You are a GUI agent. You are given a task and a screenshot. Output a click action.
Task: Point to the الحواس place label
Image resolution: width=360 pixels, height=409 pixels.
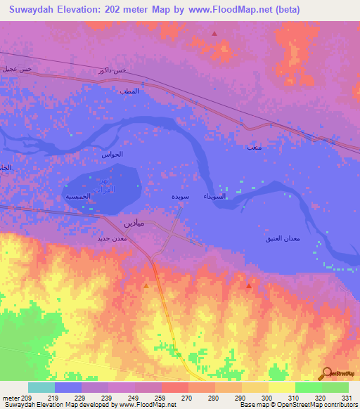pyautogui.click(x=112, y=154)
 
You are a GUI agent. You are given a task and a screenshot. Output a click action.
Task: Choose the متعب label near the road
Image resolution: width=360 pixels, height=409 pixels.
pyautogui.click(x=254, y=148)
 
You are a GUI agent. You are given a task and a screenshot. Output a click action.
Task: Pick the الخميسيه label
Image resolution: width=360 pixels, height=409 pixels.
pyautogui.click(x=77, y=197)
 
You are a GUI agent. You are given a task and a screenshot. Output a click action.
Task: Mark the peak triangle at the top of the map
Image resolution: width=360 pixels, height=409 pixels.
pyautogui.click(x=214, y=32)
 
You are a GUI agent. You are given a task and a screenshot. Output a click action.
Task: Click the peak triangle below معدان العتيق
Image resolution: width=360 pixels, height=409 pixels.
pyautogui.click(x=249, y=286)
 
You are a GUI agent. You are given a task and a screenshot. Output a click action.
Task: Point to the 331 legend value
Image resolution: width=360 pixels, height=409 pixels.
pyautogui.click(x=347, y=398)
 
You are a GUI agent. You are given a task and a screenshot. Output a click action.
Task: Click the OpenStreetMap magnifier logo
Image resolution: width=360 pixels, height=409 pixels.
pyautogui.click(x=326, y=373)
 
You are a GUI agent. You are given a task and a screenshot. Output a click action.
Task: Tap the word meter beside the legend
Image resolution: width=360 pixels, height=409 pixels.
pyautogui.click(x=11, y=398)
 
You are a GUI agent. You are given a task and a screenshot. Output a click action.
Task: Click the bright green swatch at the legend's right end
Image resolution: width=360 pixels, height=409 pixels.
pyautogui.click(x=335, y=387)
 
